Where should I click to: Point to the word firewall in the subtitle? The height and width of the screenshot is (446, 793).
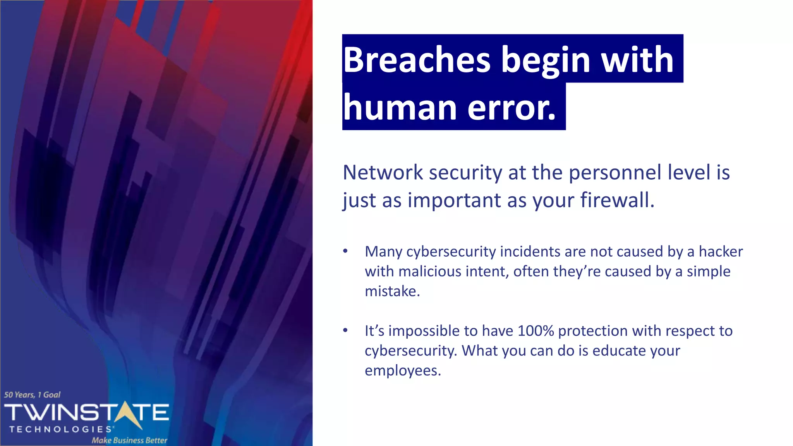617,200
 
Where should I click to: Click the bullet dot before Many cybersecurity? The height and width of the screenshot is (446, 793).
345,251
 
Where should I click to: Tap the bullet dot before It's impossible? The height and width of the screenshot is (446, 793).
345,331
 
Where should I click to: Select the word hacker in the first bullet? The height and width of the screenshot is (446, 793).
721,252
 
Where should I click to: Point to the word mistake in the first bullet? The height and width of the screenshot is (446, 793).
392,291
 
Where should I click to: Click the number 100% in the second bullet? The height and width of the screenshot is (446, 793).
536,331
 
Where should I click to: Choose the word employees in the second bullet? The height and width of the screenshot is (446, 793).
402,371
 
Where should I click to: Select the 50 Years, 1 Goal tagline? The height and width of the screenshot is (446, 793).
32,395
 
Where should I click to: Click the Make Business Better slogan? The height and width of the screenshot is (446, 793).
129,440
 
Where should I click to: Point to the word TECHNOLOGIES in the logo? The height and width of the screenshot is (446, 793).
61,429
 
